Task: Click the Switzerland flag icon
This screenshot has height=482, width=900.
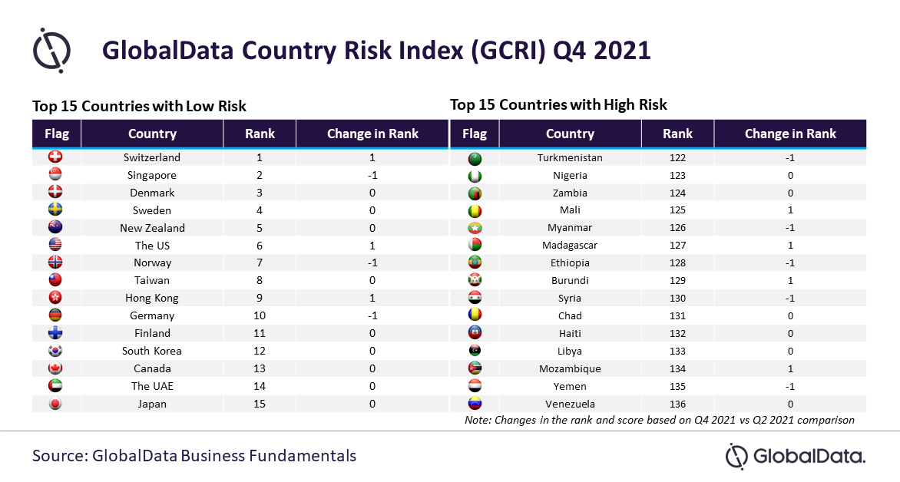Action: click(56, 157)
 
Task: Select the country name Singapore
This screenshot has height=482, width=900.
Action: click(152, 175)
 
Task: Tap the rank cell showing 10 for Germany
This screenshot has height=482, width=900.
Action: click(260, 315)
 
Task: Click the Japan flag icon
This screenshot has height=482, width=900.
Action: click(56, 404)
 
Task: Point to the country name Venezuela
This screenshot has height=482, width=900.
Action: click(570, 404)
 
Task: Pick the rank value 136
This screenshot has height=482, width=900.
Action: click(678, 404)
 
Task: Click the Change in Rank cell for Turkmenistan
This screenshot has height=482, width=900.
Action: click(790, 158)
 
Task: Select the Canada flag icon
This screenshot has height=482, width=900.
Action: click(56, 368)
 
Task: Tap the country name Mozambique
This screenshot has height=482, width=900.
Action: click(570, 369)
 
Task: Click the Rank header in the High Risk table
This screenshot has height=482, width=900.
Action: click(678, 134)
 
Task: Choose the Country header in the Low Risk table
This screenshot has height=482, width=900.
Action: click(152, 134)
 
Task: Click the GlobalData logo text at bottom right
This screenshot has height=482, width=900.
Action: click(808, 456)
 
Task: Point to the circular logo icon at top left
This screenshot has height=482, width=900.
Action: click(51, 51)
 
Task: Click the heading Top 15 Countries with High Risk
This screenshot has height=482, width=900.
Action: click(558, 104)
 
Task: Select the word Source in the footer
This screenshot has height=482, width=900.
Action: click(60, 456)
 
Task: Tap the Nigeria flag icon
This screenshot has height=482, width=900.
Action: click(475, 176)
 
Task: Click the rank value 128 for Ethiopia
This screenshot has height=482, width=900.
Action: click(678, 262)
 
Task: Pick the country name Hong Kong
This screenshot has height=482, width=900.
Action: click(152, 299)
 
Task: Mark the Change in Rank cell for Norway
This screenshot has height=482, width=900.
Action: click(372, 262)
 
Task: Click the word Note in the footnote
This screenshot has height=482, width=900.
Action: click(478, 420)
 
